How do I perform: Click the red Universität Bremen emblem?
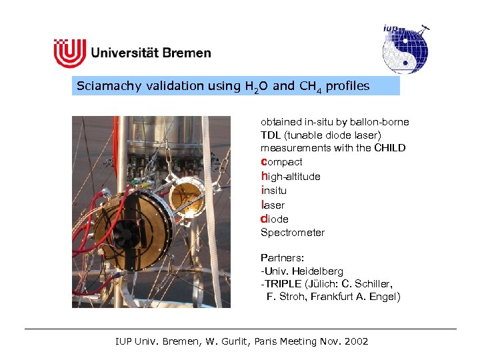(x=70, y=53)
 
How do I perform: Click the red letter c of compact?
(x=263, y=162)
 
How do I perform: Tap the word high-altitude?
(x=291, y=177)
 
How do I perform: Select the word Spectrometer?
(x=293, y=233)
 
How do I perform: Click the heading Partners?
(x=283, y=257)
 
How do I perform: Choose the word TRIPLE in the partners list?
(x=283, y=283)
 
